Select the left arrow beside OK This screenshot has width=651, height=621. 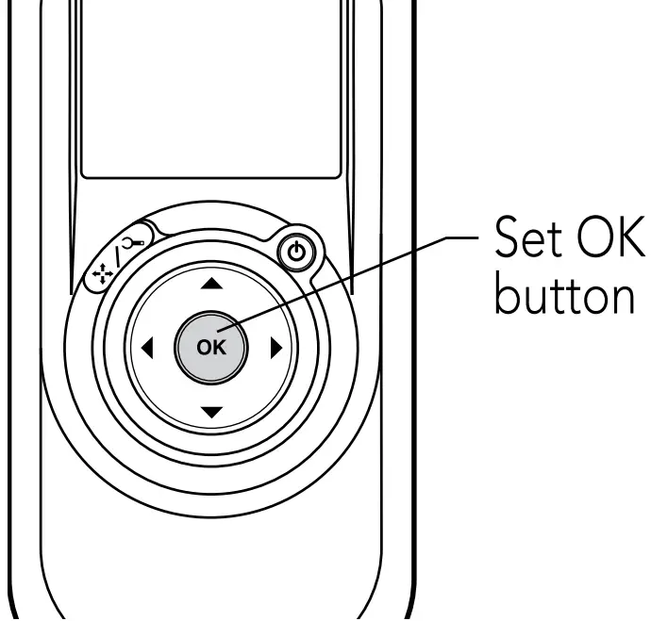coord(146,348)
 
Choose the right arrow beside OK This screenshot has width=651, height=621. coord(276,348)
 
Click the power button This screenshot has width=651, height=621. coord(297,253)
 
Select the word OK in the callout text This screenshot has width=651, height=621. coord(613,247)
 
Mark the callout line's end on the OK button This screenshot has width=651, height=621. coord(224,330)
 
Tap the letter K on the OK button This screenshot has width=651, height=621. coord(219,348)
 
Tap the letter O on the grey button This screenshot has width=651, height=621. coord(204,348)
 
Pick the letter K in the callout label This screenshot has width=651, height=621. coord(632,247)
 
